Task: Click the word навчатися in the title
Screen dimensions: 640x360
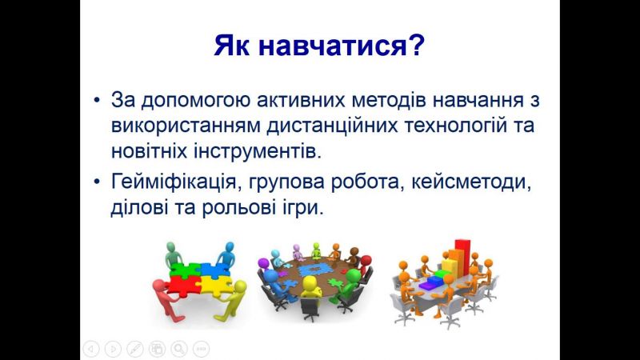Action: [x=332, y=46]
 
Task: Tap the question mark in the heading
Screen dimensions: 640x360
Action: [x=417, y=44]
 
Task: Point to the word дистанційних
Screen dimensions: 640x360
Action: [x=332, y=126]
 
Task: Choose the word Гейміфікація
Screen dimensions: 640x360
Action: [x=174, y=182]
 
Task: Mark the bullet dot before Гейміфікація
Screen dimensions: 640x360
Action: [x=97, y=182]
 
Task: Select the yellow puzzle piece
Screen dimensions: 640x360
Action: [x=214, y=284]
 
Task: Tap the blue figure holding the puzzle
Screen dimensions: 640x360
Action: [x=226, y=255]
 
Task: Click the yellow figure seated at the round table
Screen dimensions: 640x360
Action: [x=309, y=286]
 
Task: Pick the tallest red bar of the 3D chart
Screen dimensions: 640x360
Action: [x=462, y=257]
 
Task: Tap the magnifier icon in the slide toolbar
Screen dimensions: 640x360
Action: [x=178, y=349]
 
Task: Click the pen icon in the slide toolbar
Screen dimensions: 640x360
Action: [x=134, y=349]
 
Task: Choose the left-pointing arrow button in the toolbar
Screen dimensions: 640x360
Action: [x=91, y=349]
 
